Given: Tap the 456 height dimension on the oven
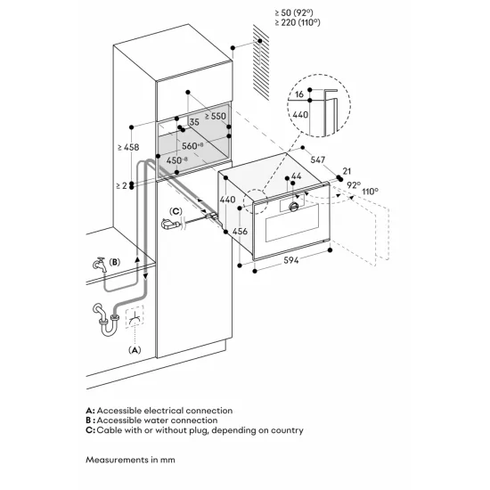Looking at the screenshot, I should [x=238, y=231].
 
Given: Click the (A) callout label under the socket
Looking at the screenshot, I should [x=135, y=350].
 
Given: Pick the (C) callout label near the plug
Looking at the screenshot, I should [x=176, y=212].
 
